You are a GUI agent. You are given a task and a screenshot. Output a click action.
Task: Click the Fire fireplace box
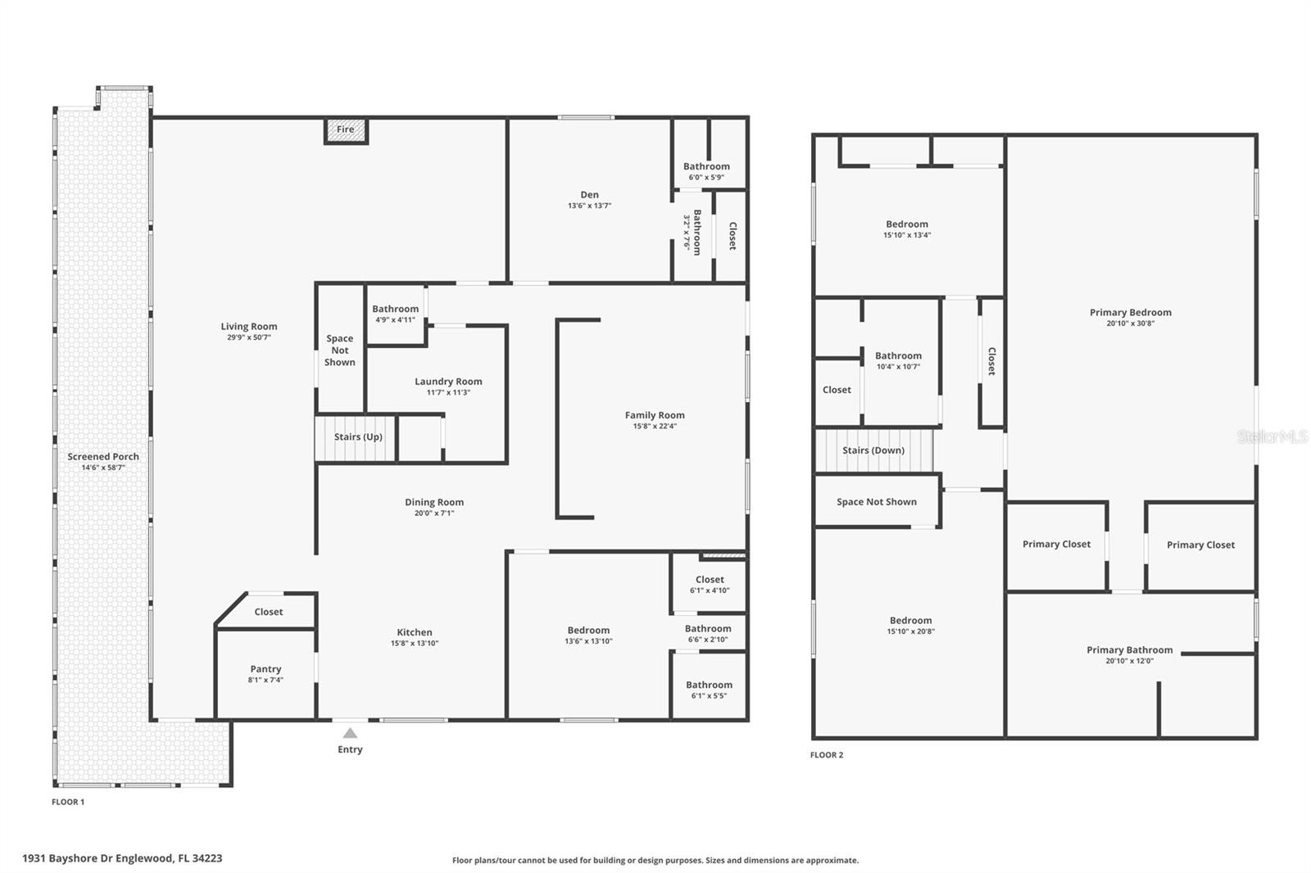point(346,130)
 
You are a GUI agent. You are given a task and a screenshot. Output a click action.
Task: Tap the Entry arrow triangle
point(350,733)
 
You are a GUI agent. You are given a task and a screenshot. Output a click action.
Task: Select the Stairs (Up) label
point(358,437)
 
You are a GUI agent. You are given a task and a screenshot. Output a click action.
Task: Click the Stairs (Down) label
point(873,450)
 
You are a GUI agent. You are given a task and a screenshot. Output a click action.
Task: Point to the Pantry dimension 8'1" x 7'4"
point(265,680)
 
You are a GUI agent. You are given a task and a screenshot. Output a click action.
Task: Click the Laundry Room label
point(448,382)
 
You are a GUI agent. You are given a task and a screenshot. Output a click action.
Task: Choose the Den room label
point(589,195)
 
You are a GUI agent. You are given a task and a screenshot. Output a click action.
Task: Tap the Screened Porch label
point(103,457)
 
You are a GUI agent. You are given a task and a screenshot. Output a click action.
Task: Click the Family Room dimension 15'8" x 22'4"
point(655,426)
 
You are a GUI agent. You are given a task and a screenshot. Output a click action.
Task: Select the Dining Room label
point(434,503)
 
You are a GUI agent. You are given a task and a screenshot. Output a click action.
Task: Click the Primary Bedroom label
point(1130,313)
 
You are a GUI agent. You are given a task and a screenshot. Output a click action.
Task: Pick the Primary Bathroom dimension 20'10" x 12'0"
point(1129,661)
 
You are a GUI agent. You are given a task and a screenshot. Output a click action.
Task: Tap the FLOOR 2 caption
point(826,755)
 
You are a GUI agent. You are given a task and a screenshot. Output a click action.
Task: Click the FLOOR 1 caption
point(68,802)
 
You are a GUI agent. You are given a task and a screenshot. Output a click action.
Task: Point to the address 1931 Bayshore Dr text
point(122,858)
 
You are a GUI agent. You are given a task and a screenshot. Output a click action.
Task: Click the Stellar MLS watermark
point(1272,437)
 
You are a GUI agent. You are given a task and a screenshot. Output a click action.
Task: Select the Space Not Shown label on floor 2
point(876,502)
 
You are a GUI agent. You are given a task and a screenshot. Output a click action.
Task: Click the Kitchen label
point(415,632)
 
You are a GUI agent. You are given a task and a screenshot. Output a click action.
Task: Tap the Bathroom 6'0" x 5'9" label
point(706,166)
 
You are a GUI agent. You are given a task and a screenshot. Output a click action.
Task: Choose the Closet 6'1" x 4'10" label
point(710,580)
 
